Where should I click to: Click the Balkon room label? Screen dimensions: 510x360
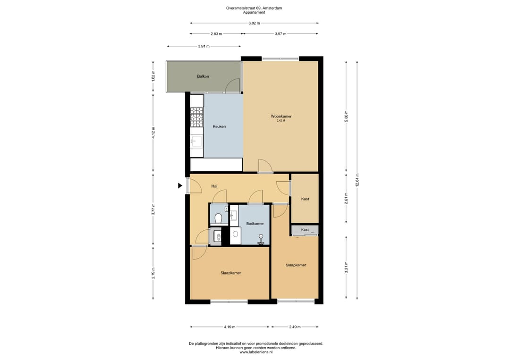203,76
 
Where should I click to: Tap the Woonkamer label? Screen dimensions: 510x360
281,116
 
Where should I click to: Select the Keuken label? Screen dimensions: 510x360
219,126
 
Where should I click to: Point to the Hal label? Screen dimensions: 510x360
214,186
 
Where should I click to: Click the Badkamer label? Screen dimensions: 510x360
255,224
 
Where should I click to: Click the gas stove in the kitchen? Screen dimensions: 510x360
196,117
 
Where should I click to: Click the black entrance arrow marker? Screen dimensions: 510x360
180,186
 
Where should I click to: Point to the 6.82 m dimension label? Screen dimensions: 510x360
254,23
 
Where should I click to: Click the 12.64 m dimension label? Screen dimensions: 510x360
357,180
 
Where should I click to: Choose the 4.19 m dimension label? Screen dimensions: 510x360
229,327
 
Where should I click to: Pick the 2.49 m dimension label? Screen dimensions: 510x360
295,327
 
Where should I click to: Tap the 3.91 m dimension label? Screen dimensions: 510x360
204,46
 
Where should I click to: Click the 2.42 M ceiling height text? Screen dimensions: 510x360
280,120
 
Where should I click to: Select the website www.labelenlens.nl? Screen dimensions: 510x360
256,352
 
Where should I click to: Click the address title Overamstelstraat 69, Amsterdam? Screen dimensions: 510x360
254,8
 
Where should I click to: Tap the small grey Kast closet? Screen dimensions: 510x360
305,230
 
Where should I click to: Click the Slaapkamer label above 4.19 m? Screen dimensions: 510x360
231,273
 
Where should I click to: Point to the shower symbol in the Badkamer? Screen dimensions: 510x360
261,239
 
